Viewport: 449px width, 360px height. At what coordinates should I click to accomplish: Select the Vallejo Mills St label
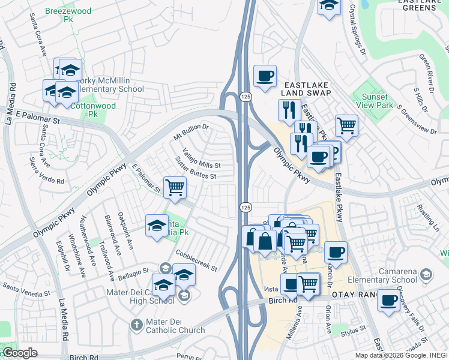202,158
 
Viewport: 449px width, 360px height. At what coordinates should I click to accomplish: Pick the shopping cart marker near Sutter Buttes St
175,187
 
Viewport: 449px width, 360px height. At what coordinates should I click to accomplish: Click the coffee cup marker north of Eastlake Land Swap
265,76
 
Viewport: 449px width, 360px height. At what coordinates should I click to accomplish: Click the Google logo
20,352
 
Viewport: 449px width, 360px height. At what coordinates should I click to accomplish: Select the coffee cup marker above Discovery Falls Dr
388,299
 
